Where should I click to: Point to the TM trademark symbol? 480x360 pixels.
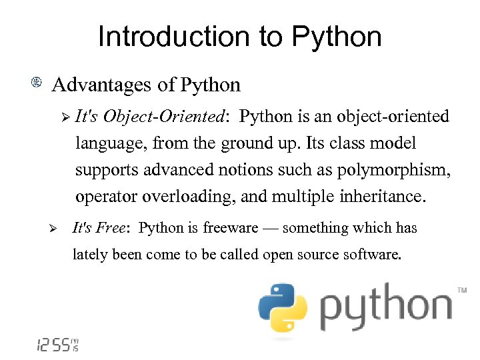tap(461, 290)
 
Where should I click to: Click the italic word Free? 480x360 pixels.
tap(110, 228)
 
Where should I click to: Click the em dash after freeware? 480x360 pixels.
tap(270, 229)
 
